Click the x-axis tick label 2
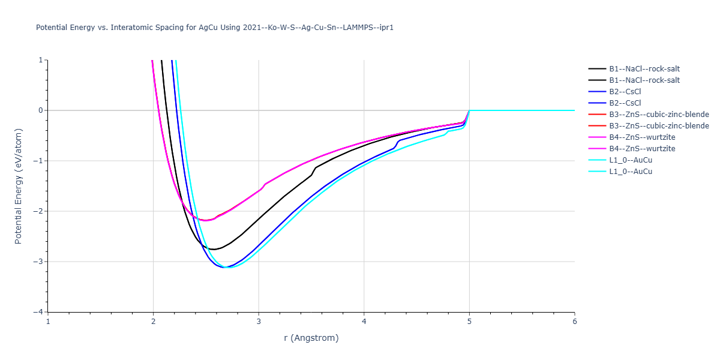(x=154, y=322)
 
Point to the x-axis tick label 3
(x=259, y=322)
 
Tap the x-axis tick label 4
(x=364, y=322)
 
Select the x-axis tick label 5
(x=469, y=322)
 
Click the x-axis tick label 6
(x=575, y=322)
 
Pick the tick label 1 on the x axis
(x=48, y=322)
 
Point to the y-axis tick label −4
(x=38, y=312)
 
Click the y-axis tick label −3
(x=38, y=262)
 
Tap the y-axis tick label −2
(x=38, y=211)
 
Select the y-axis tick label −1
(x=38, y=161)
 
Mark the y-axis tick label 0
(x=41, y=110)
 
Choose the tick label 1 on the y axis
(x=41, y=60)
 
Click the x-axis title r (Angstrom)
(x=311, y=338)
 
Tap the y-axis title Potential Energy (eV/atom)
(x=18, y=186)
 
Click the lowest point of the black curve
(x=214, y=249)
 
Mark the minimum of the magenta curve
(x=205, y=221)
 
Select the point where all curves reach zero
(x=469, y=110)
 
